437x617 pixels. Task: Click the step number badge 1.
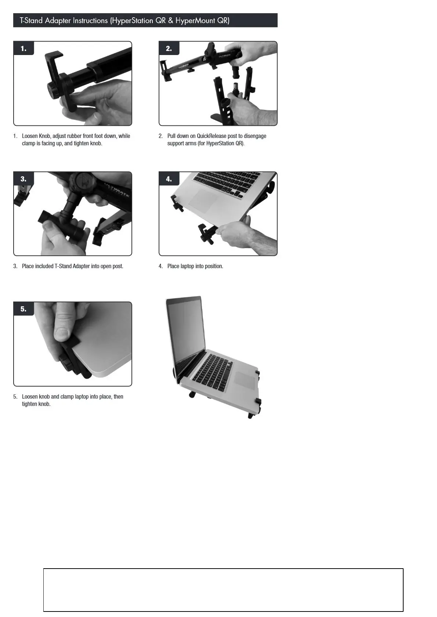24,48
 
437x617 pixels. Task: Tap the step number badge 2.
169,48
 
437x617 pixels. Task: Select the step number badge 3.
24,179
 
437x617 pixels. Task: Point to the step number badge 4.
169,179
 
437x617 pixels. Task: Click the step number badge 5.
24,309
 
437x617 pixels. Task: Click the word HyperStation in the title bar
133,21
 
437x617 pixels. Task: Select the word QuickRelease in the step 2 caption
212,136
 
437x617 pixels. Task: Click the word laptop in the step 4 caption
187,266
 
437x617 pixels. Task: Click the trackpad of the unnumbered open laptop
244,380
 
